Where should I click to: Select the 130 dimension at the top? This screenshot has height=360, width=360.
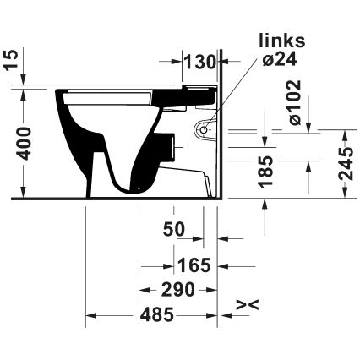coord(201,62)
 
